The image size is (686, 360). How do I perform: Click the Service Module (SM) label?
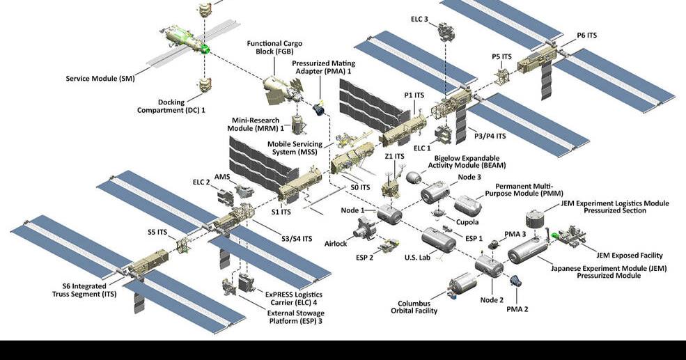(100, 78)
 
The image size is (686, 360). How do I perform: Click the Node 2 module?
(489, 265)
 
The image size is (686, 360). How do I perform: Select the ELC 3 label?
(419, 19)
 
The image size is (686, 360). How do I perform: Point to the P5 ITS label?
(501, 56)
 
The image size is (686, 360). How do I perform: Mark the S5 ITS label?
(157, 232)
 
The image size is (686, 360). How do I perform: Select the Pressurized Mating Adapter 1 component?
(320, 109)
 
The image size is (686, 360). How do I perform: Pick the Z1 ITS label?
(394, 157)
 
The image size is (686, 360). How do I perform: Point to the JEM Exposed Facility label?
(621, 256)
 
